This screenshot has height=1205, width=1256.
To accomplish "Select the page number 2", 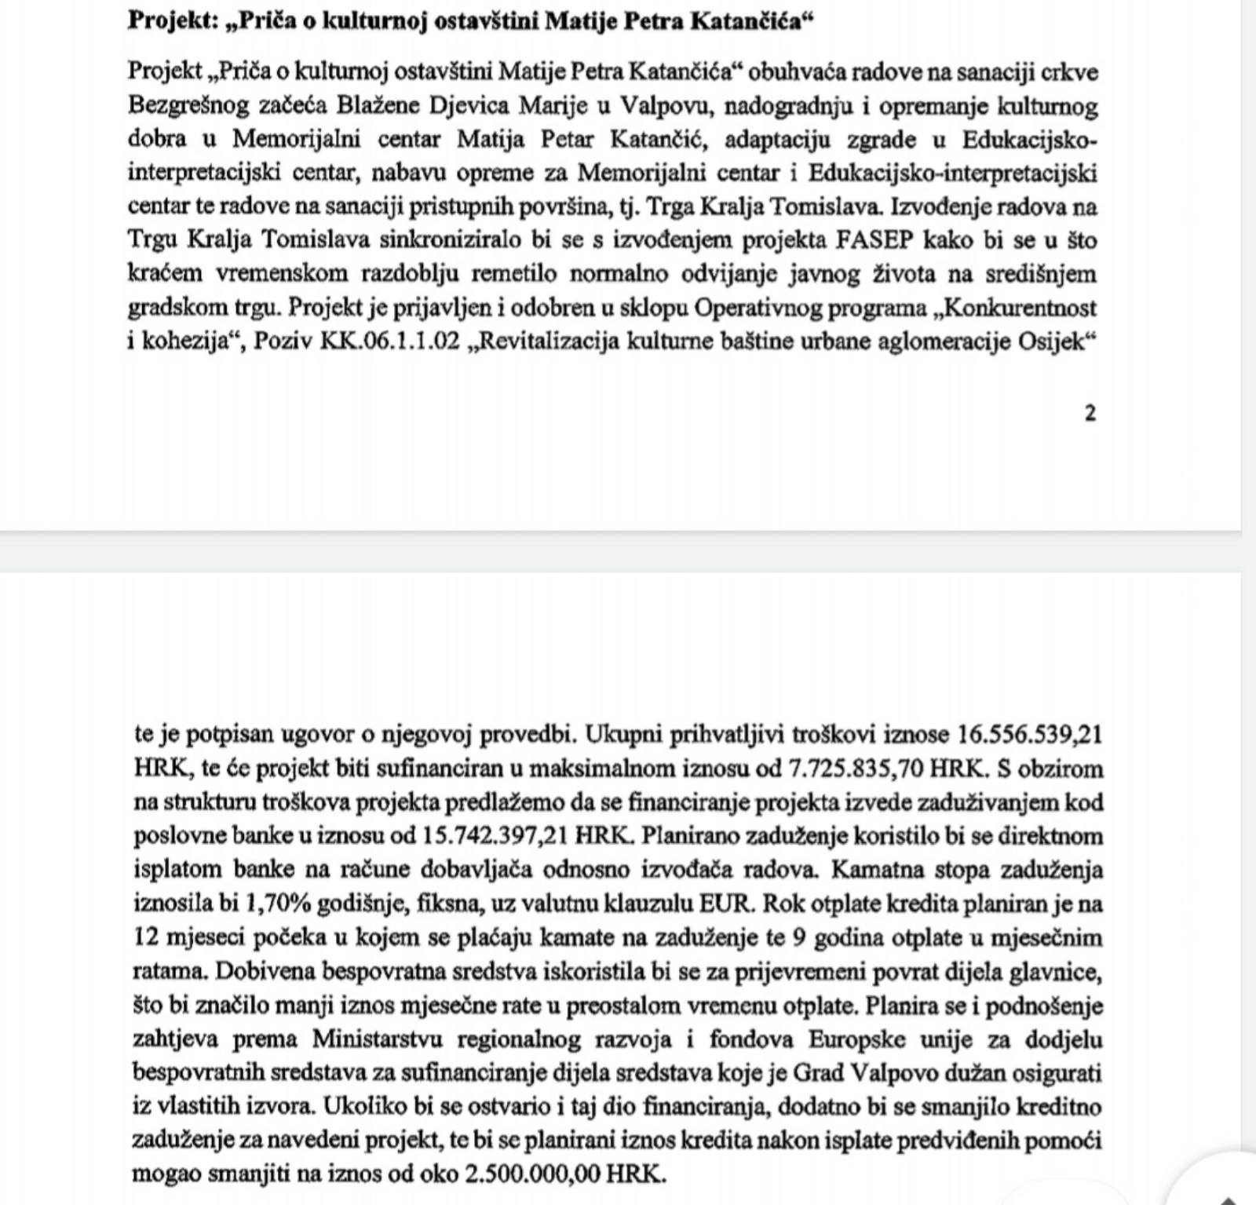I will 1090,413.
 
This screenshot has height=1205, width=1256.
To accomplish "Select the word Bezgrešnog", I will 188,105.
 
